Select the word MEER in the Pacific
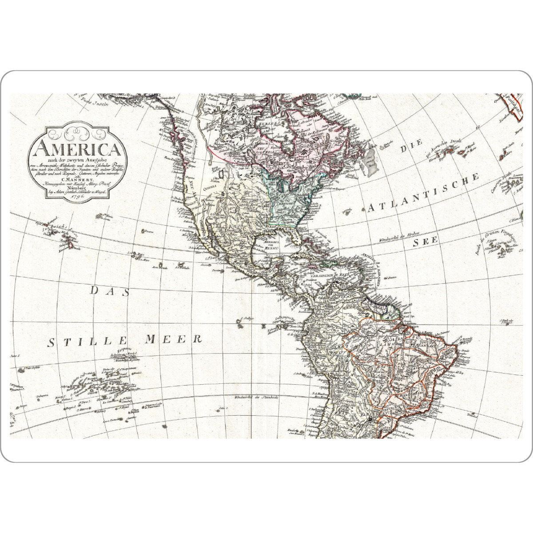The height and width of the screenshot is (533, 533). pyautogui.click(x=174, y=340)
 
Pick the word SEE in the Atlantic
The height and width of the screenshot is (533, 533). pyautogui.click(x=426, y=241)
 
